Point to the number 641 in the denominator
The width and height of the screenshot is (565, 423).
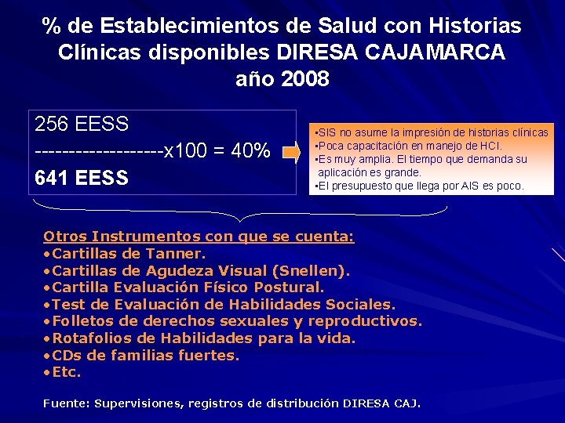click(54, 178)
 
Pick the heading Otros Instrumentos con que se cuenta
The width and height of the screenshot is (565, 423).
click(199, 236)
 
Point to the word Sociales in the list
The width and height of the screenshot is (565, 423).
click(360, 304)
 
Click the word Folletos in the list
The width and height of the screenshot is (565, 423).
click(84, 321)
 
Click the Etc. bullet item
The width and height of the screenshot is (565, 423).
click(66, 373)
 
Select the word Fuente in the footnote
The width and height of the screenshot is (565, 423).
click(66, 403)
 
